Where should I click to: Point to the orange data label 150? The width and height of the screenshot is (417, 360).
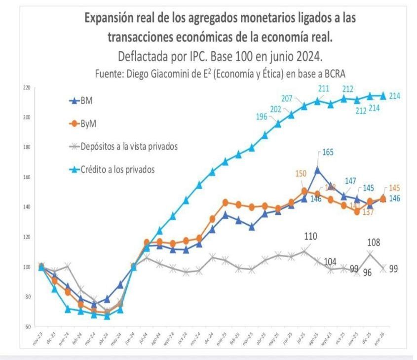(x=301, y=174)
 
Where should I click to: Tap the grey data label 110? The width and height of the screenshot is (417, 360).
(x=310, y=236)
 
